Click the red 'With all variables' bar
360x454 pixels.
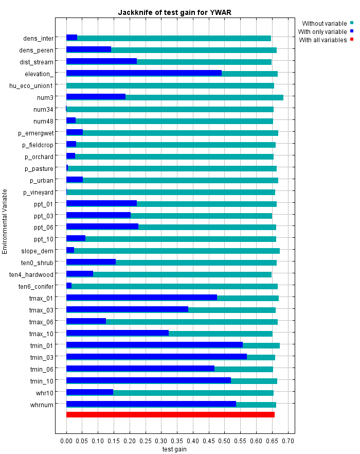[x=170, y=415]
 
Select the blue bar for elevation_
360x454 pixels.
[x=144, y=73]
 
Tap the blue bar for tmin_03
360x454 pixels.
[x=156, y=356]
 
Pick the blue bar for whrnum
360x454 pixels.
[x=151, y=404]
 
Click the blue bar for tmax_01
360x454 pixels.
[x=142, y=298]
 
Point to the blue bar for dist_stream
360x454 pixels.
[x=102, y=61]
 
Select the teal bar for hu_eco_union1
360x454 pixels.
[x=170, y=85]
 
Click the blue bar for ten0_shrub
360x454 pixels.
[x=91, y=262]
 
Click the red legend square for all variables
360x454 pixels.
[x=352, y=39]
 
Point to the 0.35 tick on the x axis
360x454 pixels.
[x=177, y=433]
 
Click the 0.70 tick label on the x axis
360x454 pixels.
[x=288, y=441]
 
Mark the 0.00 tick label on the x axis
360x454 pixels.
[x=66, y=441]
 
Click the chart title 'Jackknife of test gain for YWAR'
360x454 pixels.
[x=175, y=12]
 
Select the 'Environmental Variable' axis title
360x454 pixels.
[x=5, y=222]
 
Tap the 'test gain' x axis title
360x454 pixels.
[x=174, y=449]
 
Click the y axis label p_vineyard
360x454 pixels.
[x=38, y=193]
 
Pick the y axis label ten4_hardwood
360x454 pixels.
[x=31, y=274]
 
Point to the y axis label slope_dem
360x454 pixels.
[x=38, y=251]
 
